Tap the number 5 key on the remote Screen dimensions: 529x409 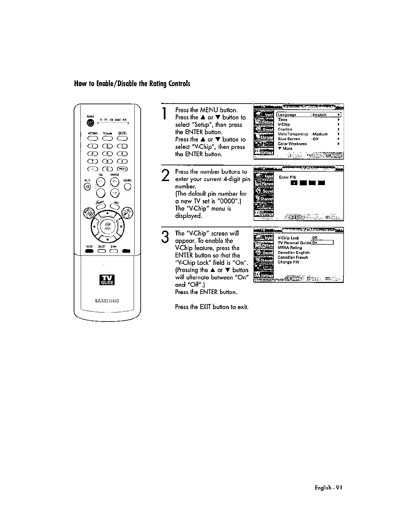point(108,154)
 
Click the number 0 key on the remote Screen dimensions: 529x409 point(108,169)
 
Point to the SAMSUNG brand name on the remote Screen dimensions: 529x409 point(107,300)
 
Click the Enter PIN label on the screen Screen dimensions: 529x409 point(287,177)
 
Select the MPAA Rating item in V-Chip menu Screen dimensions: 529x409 point(290,248)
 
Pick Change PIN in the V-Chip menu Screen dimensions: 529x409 point(288,262)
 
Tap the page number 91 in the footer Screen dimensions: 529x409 point(339,488)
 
